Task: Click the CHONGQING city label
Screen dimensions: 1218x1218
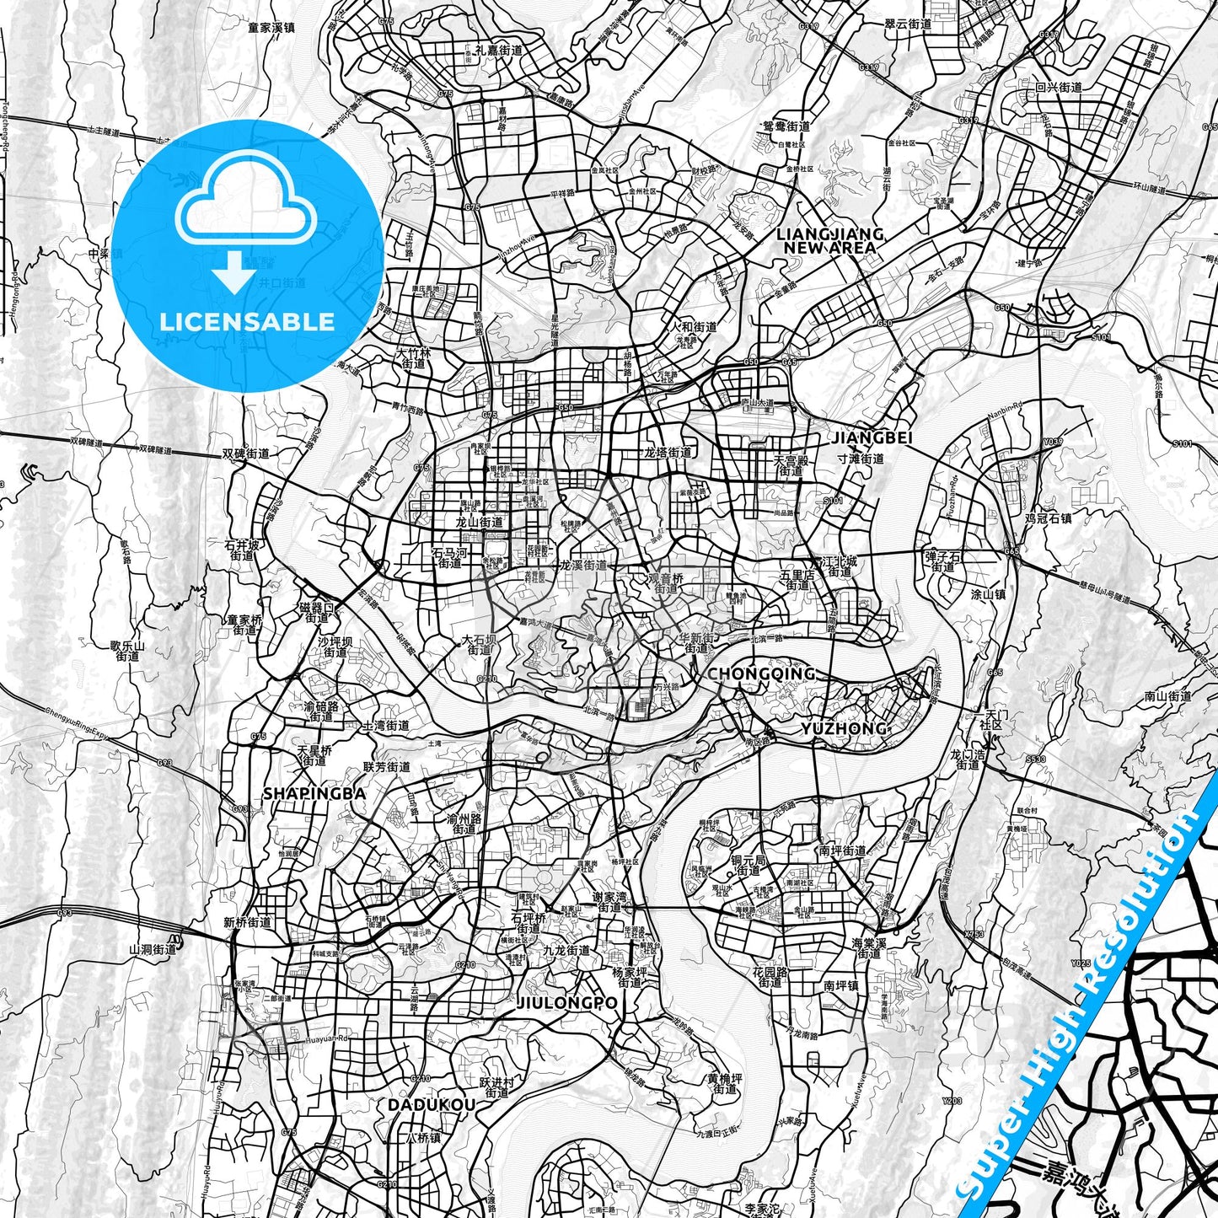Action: point(761,673)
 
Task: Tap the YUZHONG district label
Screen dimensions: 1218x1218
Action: point(844,728)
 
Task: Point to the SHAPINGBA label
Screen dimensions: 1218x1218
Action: point(314,793)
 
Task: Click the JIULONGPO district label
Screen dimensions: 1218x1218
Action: point(566,1003)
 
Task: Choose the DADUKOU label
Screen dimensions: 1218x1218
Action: point(431,1104)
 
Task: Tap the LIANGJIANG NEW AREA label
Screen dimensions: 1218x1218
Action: point(829,240)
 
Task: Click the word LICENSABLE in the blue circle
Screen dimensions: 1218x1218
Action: point(247,321)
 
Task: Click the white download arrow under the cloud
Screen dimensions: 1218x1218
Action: point(234,273)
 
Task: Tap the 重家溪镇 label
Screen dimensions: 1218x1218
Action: point(271,27)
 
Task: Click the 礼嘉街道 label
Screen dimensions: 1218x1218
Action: point(498,51)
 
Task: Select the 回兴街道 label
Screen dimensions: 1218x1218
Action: point(1058,87)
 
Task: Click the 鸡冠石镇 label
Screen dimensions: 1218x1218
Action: point(1048,518)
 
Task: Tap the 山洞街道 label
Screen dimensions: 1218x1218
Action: point(153,949)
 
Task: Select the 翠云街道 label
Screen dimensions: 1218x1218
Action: point(908,25)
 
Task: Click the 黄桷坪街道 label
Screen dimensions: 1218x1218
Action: point(725,1083)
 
